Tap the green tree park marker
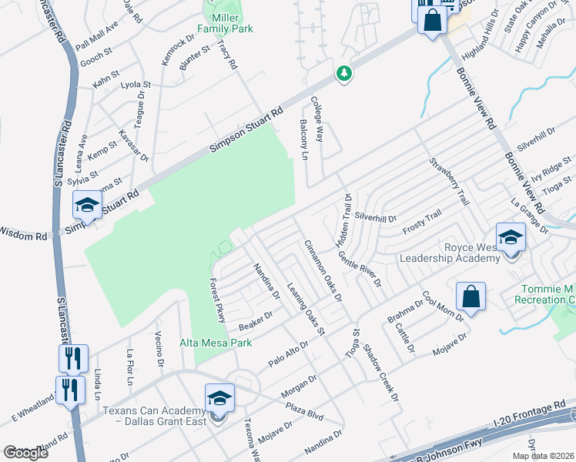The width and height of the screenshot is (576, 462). (344, 74)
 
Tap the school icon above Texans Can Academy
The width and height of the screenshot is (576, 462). (219, 399)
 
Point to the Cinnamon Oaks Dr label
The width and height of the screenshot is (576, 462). (323, 269)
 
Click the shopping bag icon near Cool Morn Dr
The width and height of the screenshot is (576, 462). (471, 296)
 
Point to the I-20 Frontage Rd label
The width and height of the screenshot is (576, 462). (532, 412)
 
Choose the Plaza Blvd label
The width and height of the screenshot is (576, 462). (304, 408)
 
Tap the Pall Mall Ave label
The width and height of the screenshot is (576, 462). (97, 35)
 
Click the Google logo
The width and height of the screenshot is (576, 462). (25, 452)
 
